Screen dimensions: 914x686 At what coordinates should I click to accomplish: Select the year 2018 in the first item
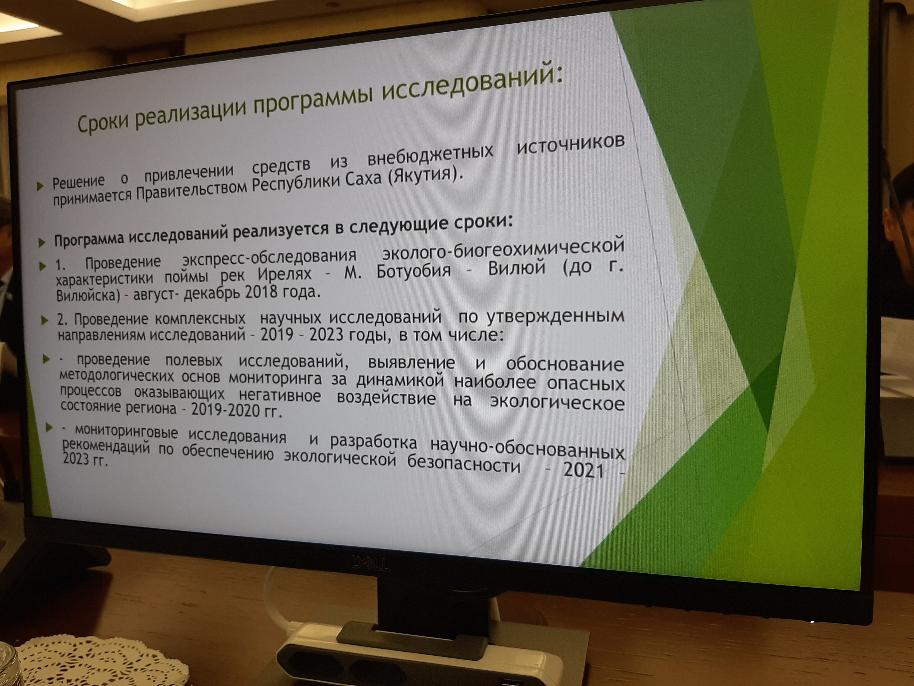coord(261,292)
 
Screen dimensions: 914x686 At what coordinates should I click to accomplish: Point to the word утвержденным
coord(555,316)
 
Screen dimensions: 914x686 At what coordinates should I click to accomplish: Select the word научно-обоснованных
coord(527,447)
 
